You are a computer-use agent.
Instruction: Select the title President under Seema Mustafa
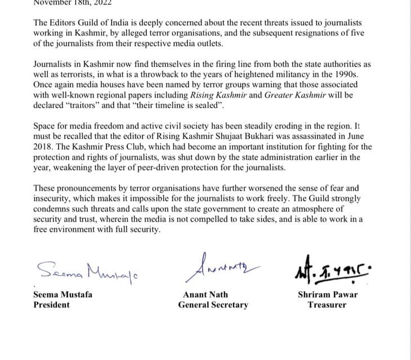point(52,305)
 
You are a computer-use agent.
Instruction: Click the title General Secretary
point(213,305)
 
